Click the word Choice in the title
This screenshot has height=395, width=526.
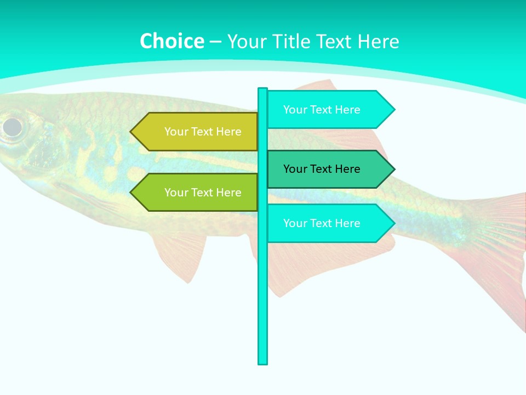[171, 41]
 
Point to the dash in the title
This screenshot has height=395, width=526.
[215, 42]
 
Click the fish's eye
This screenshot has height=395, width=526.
[12, 127]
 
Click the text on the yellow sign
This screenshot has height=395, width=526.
[203, 132]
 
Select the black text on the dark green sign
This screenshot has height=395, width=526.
[322, 169]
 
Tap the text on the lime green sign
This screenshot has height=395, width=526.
[203, 193]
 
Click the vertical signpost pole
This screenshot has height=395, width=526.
[262, 302]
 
